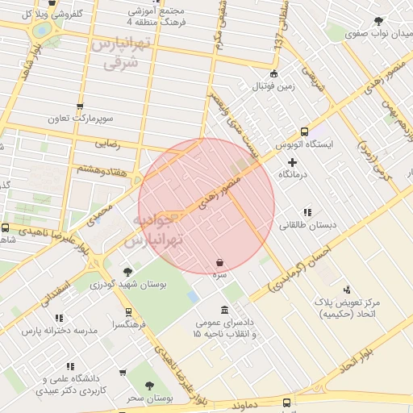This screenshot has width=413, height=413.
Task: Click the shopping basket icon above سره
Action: (x=220, y=262)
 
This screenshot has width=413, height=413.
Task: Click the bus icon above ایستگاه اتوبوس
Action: (x=304, y=131)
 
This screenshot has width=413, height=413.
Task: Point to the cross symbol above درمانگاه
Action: (x=292, y=162)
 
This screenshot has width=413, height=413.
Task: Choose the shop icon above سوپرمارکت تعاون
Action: (x=79, y=106)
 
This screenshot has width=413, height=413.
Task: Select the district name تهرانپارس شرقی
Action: (x=120, y=54)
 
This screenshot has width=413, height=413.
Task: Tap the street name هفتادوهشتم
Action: (x=102, y=168)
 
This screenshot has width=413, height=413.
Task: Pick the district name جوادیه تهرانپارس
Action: (x=155, y=231)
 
